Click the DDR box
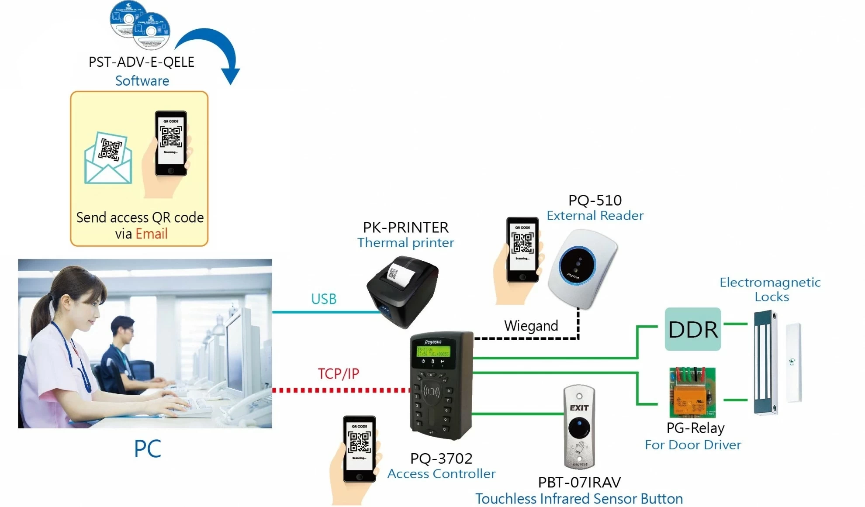pyautogui.click(x=692, y=329)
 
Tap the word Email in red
pyautogui.click(x=151, y=234)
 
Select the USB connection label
pyautogui.click(x=324, y=299)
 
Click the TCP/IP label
pyautogui.click(x=338, y=374)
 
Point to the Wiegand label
pyautogui.click(x=531, y=326)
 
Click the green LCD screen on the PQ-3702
pyautogui.click(x=432, y=352)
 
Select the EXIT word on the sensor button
pyautogui.click(x=579, y=408)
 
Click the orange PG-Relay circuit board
pyautogui.click(x=692, y=393)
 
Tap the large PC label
pyautogui.click(x=147, y=449)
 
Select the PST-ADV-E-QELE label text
pyautogui.click(x=141, y=62)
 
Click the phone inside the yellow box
pyautogui.click(x=171, y=143)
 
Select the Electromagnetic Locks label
pyautogui.click(x=770, y=289)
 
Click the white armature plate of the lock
pyautogui.click(x=793, y=362)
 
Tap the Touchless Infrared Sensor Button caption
pyautogui.click(x=579, y=499)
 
